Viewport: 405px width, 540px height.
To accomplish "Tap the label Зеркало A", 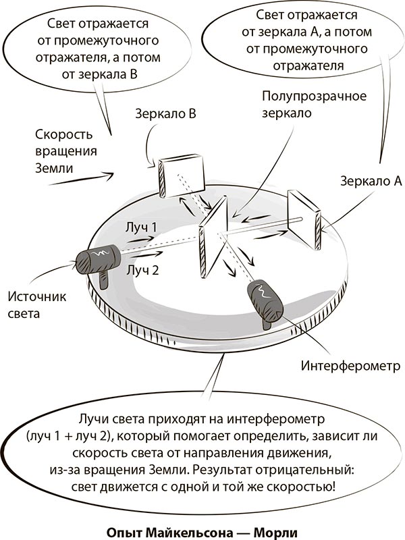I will [371, 181].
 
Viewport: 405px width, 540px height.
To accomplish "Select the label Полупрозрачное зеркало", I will [314, 105].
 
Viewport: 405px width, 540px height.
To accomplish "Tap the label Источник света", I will [34, 304].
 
